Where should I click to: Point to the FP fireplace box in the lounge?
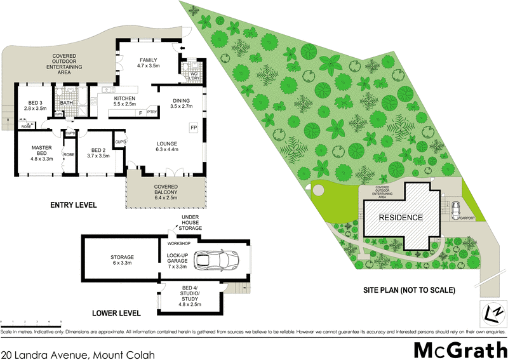[x=194, y=128]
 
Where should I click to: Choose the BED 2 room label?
[x=95, y=152]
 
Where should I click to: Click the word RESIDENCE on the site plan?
[x=401, y=218]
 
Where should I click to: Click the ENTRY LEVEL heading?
[x=73, y=206]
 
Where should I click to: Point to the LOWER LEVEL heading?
[x=116, y=314]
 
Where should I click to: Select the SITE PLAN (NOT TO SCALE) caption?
[x=409, y=291]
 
